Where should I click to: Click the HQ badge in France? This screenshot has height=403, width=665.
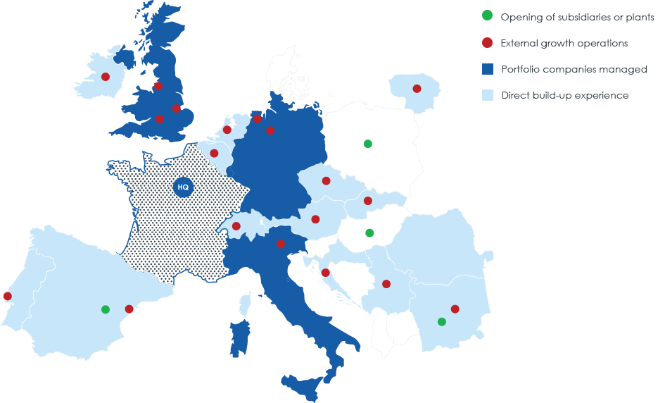pos(183,187)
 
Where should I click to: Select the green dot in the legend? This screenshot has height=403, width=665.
pos(486,16)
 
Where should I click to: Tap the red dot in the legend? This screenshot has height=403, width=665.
pos(486,43)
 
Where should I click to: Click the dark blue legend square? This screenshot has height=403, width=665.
pos(486,69)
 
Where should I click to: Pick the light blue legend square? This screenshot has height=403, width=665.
pos(486,95)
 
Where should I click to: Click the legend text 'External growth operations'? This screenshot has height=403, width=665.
pos(564,43)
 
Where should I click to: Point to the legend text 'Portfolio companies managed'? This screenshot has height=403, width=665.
pos(574,69)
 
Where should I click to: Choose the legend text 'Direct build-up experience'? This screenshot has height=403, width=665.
pos(564,95)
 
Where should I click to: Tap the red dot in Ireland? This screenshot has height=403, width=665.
pos(106,77)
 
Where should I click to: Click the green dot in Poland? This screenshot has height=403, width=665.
pos(367,144)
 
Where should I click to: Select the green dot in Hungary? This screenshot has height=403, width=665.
pos(369,233)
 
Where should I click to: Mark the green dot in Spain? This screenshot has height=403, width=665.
pos(106,309)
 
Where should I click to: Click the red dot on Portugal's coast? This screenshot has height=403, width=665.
pos(7,296)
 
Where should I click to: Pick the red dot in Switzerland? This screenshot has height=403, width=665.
pos(236,226)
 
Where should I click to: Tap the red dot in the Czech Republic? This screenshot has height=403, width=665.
pos(327,181)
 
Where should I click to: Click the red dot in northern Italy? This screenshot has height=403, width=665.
pos(281,244)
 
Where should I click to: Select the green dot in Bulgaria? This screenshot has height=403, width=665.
pos(441,322)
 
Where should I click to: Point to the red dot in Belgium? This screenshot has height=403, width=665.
pos(214,153)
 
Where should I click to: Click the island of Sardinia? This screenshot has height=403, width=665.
pos(239,338)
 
